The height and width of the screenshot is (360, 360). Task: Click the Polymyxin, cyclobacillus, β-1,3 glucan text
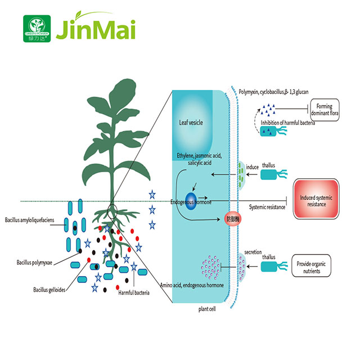273,91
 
